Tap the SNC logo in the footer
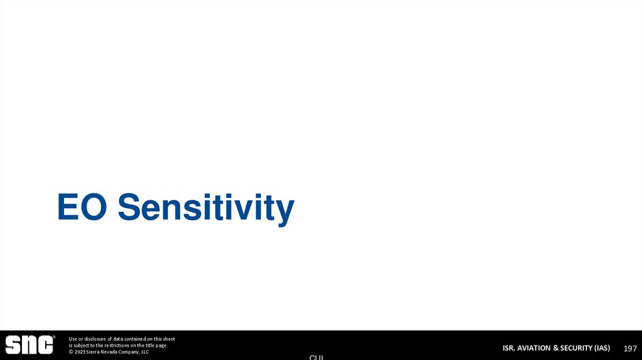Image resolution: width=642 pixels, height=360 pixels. click(x=29, y=345)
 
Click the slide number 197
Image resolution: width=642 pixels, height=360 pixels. click(x=629, y=348)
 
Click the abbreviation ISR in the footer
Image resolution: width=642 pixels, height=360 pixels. click(x=509, y=348)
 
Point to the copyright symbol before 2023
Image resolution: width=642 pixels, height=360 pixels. click(x=71, y=352)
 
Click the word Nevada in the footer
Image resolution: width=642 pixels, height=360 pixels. click(x=110, y=352)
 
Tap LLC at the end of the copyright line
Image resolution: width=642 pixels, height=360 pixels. click(x=144, y=352)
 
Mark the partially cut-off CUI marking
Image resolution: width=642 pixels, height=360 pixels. click(x=317, y=357)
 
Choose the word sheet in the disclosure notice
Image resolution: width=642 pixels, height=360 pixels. click(x=168, y=339)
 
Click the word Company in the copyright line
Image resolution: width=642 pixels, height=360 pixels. click(x=129, y=352)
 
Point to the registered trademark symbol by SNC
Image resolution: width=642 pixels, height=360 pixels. click(x=55, y=337)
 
